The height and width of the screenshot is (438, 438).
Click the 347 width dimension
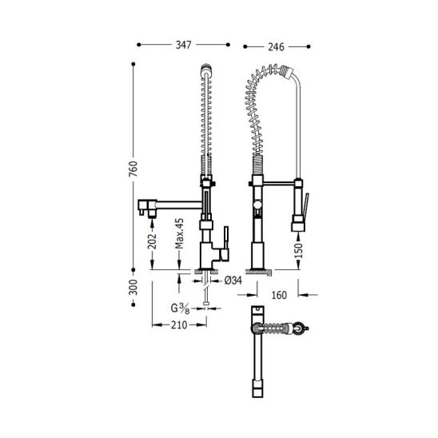tap(184, 45)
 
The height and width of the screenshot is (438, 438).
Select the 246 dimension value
tap(276, 47)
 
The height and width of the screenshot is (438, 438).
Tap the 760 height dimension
tap(133, 169)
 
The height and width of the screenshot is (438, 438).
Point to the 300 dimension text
tap(133, 287)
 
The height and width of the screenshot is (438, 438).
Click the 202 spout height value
tap(152, 241)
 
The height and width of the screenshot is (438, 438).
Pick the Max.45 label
tap(179, 233)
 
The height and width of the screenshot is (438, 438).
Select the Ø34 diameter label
tap(233, 281)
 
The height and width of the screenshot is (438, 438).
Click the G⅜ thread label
tap(181, 309)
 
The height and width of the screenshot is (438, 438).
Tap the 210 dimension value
tap(179, 325)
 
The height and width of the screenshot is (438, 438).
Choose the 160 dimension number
tap(279, 295)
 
